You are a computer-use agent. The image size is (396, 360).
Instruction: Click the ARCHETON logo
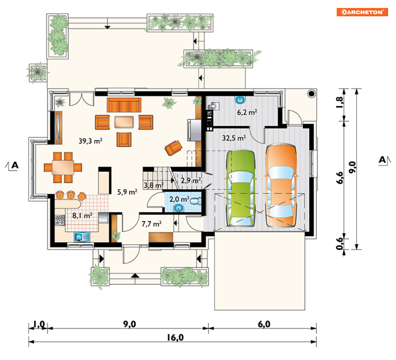(x=362, y=12)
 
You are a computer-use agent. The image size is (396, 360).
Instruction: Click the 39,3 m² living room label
(x=90, y=140)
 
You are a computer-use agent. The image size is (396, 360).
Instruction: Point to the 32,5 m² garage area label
(x=234, y=138)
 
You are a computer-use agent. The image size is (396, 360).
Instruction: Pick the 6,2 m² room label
(x=247, y=112)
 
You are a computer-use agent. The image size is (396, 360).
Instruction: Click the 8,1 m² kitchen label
(x=82, y=215)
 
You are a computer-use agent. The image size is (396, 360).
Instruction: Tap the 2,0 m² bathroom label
(x=179, y=199)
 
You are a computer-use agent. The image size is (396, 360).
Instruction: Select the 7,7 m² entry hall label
(x=151, y=224)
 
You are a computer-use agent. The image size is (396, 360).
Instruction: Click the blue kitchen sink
(x=82, y=237)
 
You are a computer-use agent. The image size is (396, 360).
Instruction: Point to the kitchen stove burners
(x=60, y=220)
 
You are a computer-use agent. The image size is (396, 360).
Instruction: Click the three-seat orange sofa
(x=124, y=105)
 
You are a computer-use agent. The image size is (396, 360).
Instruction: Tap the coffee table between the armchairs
(x=124, y=122)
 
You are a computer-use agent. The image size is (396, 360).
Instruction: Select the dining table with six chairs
(x=63, y=167)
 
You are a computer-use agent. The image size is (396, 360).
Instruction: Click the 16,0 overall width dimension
(x=175, y=337)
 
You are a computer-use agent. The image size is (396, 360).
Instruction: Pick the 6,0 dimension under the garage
(x=264, y=324)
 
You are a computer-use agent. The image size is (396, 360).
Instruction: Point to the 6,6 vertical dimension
(x=340, y=177)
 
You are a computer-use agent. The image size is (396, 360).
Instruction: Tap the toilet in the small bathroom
(x=196, y=201)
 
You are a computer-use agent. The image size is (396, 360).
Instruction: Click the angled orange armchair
(x=173, y=148)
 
